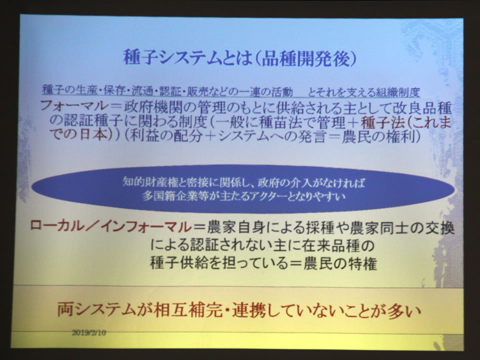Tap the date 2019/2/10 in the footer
pos(89,332)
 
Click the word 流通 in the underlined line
pos(144,90)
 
